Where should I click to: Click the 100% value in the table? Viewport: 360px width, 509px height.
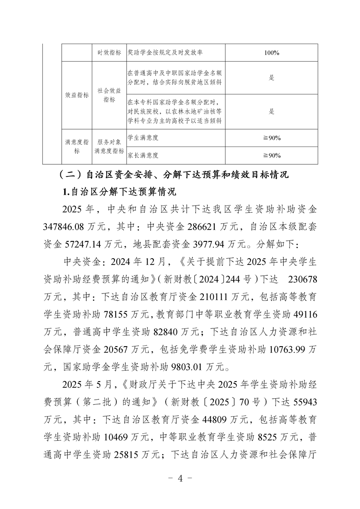pos(271,53)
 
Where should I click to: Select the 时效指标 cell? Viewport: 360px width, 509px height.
pos(109,53)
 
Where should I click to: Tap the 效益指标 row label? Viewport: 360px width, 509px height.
pos(77,95)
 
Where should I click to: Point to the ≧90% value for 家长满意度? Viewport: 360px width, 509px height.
pos(271,155)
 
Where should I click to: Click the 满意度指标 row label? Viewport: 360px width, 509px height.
pos(77,146)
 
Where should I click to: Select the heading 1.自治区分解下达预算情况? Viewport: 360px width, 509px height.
pos(119,192)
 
